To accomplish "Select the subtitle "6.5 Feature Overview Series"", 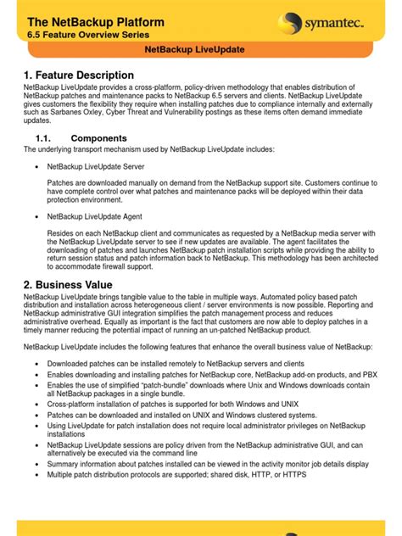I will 88,36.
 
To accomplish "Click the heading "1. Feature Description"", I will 79,75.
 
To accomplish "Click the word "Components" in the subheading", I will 99,138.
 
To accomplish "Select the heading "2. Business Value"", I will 72,284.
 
